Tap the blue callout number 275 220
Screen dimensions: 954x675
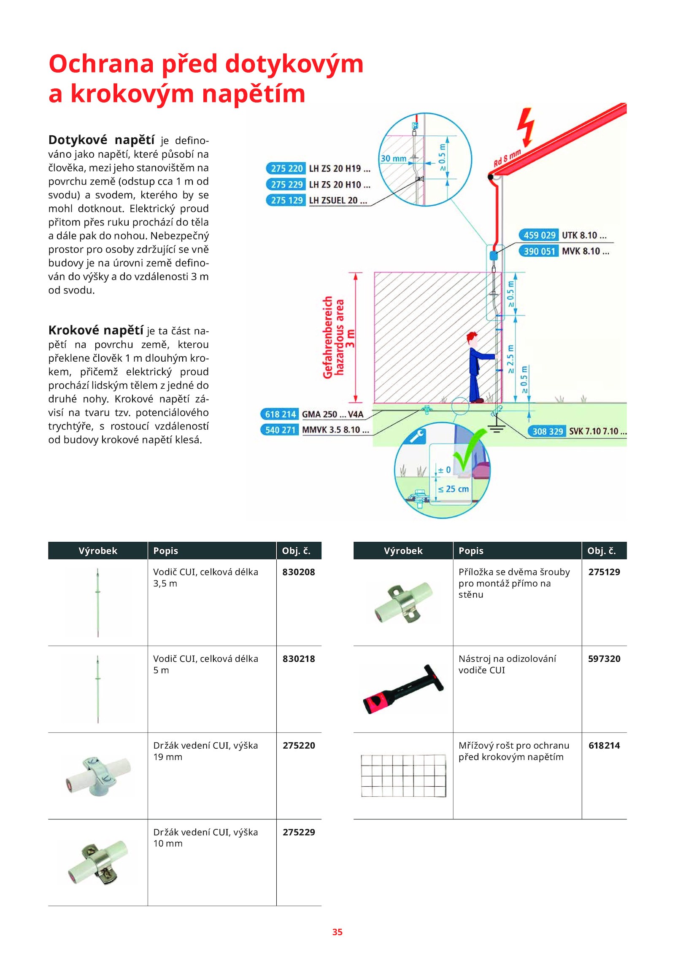[x=286, y=169]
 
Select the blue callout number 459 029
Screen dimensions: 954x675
[x=539, y=235]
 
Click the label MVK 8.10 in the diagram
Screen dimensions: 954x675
[x=585, y=251]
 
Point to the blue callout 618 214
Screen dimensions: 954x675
[x=280, y=414]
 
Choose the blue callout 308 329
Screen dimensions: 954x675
[x=547, y=431]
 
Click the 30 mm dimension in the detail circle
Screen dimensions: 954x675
[x=393, y=159]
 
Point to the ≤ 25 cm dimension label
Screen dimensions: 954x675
[x=453, y=489]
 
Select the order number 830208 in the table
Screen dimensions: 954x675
[x=299, y=572]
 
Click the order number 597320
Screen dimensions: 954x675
[x=604, y=659]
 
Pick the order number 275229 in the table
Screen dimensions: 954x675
[x=299, y=832]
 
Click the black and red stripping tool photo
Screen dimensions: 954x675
[x=403, y=690]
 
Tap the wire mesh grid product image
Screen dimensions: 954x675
[x=403, y=775]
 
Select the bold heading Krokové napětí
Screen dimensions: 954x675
[x=96, y=330]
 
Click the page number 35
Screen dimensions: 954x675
[x=337, y=932]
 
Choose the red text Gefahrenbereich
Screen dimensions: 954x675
[x=327, y=337]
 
